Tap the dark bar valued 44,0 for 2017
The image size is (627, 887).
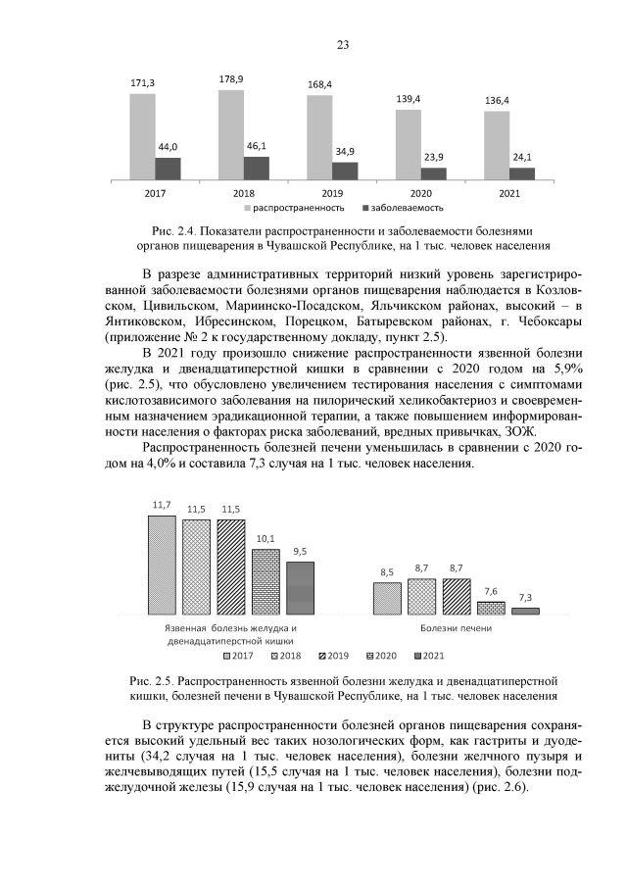click(x=169, y=170)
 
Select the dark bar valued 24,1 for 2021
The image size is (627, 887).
click(x=522, y=173)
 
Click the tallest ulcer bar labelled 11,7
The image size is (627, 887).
click(x=162, y=565)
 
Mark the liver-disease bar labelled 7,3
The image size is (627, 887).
click(x=525, y=611)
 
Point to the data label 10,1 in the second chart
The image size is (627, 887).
click(x=265, y=538)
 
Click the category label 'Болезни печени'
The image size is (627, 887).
click(x=457, y=628)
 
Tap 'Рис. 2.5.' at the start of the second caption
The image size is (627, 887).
click(x=149, y=680)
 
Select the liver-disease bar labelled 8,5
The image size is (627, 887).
click(x=387, y=598)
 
